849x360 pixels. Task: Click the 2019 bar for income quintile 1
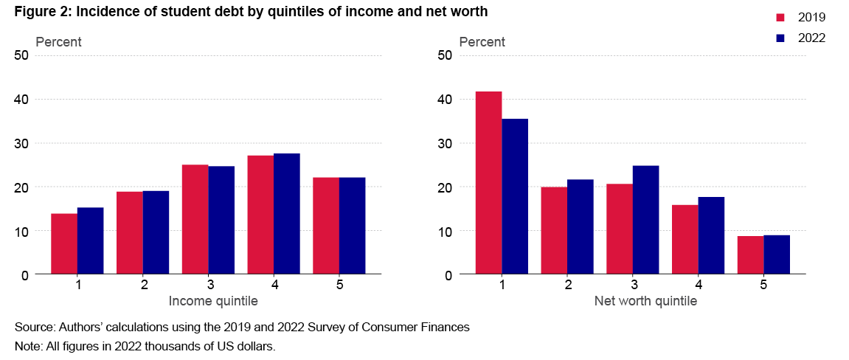coord(64,244)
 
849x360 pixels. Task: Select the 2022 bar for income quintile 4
coord(287,214)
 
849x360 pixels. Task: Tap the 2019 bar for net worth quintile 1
coord(488,183)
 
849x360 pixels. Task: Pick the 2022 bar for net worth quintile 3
coord(645,220)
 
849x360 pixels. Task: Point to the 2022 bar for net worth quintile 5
coord(777,255)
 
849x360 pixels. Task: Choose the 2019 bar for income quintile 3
coord(195,220)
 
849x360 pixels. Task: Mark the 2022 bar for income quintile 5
coord(352,226)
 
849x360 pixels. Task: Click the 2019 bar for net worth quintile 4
coord(685,240)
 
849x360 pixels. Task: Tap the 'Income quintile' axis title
coord(213,301)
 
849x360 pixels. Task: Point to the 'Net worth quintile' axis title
coord(645,301)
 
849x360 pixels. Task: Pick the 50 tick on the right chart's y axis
coord(445,55)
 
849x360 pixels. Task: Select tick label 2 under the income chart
coord(143,284)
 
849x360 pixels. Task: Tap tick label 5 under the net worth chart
coord(763,284)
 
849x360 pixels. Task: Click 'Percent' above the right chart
coord(482,42)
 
